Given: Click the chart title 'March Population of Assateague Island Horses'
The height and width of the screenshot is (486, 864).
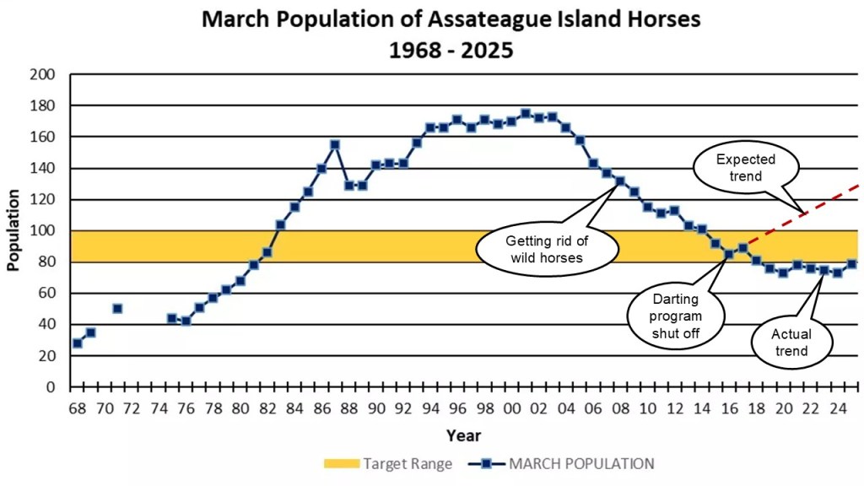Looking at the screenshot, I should tap(451, 19).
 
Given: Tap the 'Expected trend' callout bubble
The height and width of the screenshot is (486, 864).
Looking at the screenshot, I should tap(745, 167).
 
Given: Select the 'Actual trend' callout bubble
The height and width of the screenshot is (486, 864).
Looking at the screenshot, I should tap(791, 342).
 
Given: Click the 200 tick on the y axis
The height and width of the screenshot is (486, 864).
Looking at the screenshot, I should tap(45, 74).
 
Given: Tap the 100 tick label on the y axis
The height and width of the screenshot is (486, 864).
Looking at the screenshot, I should tap(45, 230).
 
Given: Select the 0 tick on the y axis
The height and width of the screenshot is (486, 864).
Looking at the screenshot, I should tap(51, 387).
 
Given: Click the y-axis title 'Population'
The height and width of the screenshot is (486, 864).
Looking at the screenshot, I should tap(13, 229).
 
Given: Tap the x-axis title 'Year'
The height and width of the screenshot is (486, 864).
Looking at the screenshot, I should tap(463, 435).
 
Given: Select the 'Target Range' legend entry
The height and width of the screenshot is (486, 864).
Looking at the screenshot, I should tap(388, 463).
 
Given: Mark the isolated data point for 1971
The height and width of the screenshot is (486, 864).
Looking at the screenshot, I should tap(117, 308).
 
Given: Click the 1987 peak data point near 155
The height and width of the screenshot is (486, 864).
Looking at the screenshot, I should tap(335, 144).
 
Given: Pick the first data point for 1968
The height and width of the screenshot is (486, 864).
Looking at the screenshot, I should tap(77, 343).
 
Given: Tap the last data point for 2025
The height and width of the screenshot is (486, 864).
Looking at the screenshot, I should tap(851, 264).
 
